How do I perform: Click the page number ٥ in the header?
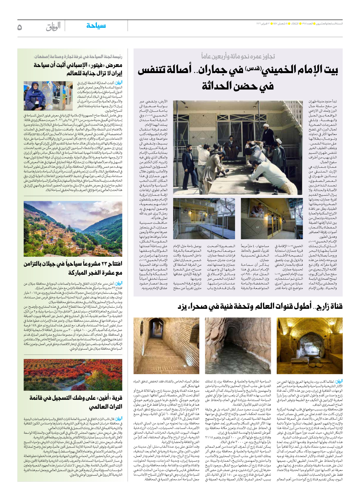coord(20,27)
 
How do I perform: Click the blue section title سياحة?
coord(96,26)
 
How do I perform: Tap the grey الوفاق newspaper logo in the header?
coord(53,26)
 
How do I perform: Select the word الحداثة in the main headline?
coord(220,86)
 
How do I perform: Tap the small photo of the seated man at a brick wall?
coord(272,218)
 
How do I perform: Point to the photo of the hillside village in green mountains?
coord(73,229)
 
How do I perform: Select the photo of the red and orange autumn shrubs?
coord(73,375)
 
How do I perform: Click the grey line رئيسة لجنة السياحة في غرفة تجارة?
coord(78,56)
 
